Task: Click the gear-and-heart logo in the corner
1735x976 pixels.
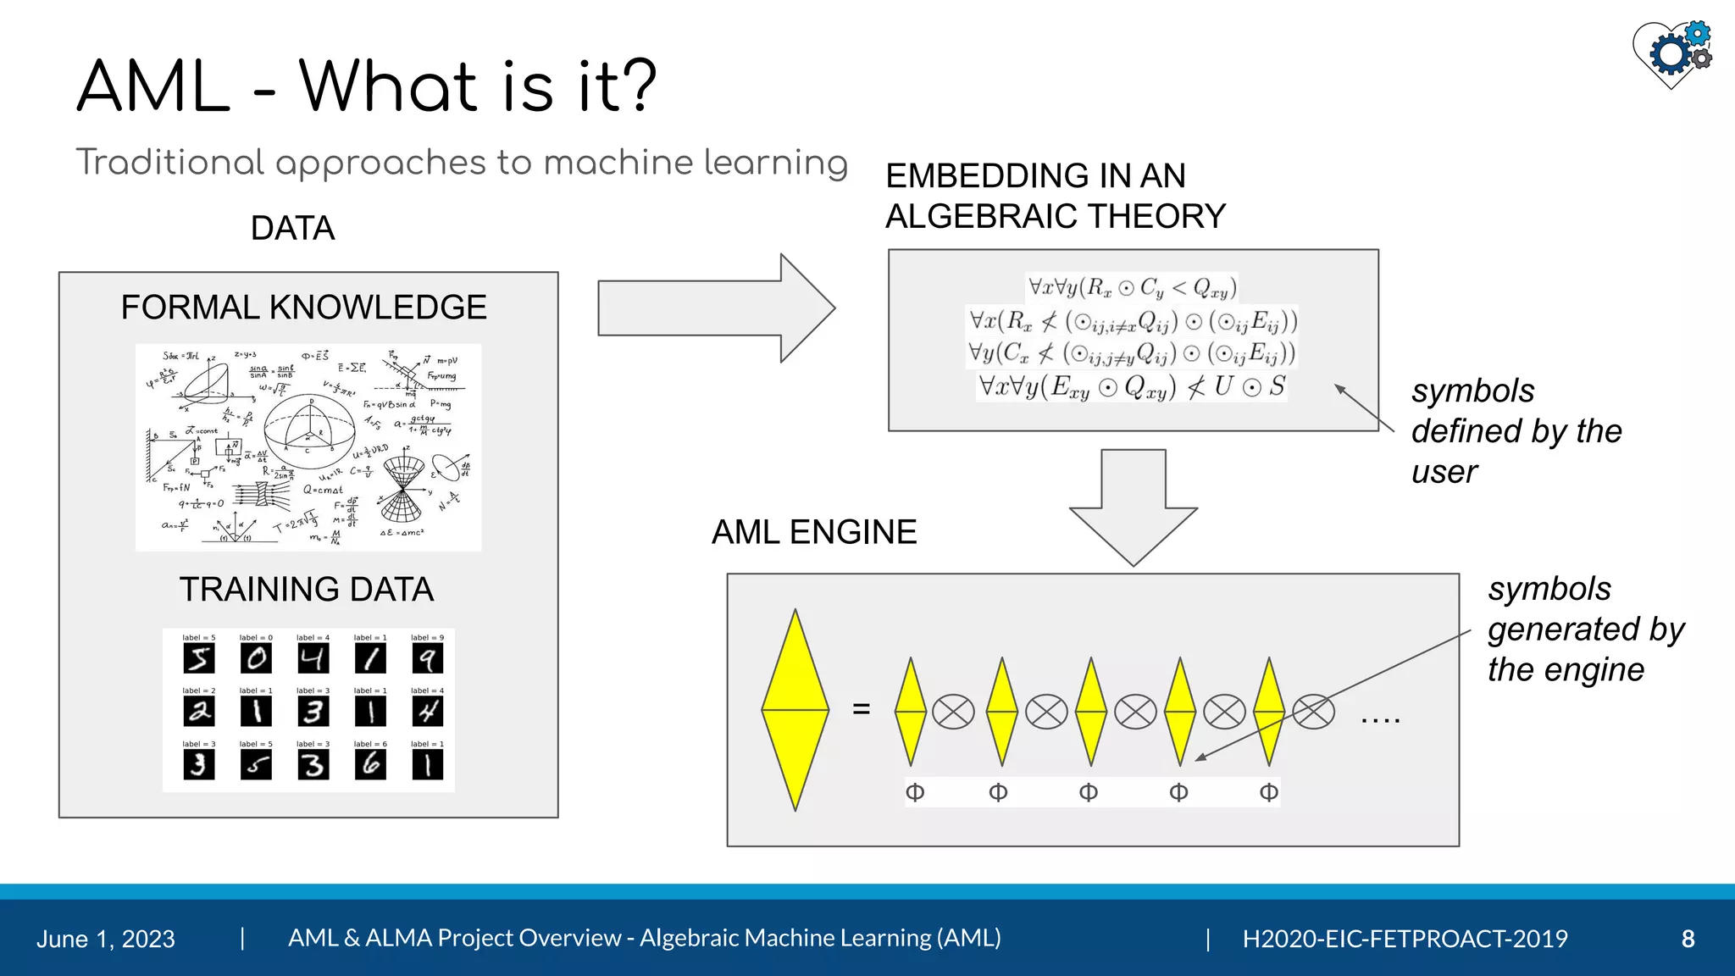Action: [1672, 53]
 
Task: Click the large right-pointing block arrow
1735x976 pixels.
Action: [716, 308]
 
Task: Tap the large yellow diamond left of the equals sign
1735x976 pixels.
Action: [795, 710]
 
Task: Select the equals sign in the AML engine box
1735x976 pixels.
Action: [862, 709]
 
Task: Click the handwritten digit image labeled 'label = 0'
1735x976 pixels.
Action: [256, 658]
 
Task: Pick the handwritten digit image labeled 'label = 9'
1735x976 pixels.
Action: [427, 658]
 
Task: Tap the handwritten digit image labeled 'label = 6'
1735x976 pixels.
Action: [370, 764]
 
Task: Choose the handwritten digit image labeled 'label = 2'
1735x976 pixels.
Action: [199, 712]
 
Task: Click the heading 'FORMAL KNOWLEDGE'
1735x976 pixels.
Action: [303, 307]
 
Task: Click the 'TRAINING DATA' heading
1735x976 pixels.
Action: [306, 589]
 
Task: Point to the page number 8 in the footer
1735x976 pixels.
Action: [1688, 939]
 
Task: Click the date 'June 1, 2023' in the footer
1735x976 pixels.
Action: [106, 939]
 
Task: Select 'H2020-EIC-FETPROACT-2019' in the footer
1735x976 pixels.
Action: [1405, 939]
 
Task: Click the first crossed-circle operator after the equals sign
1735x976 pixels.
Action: [953, 712]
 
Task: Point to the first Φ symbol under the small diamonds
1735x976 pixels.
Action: [915, 792]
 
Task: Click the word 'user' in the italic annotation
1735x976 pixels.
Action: [1444, 472]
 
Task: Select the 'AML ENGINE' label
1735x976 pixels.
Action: [813, 532]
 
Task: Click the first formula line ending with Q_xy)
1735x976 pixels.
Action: [1132, 288]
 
